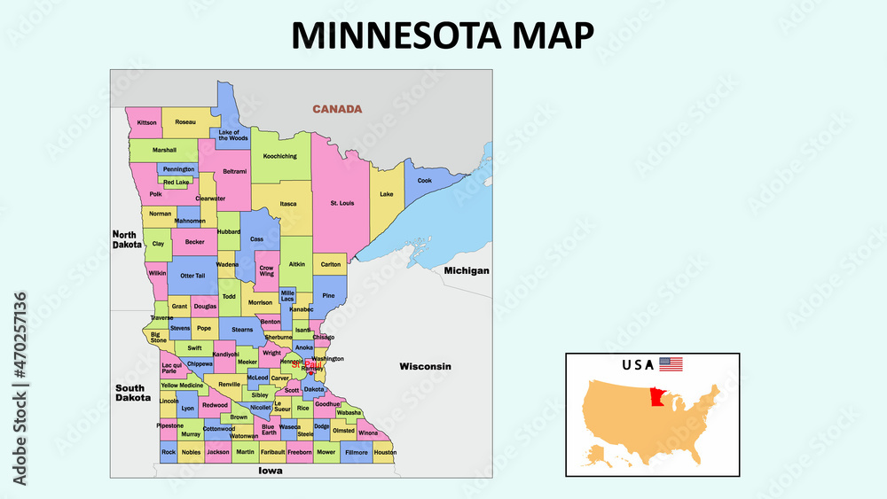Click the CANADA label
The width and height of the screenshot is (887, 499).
pyautogui.click(x=337, y=109)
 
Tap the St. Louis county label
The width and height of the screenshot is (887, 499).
pyautogui.click(x=342, y=203)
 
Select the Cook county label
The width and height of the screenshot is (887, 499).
pyautogui.click(x=425, y=181)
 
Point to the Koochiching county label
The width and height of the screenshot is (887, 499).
pyautogui.click(x=280, y=156)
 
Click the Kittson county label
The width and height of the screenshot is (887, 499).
pyautogui.click(x=147, y=121)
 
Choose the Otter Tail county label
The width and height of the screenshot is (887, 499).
pyautogui.click(x=192, y=276)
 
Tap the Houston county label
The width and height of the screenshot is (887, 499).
pyautogui.click(x=385, y=452)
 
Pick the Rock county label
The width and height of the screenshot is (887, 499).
pyautogui.click(x=169, y=452)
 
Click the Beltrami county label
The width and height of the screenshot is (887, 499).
pyautogui.click(x=235, y=170)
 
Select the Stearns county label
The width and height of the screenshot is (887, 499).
pyautogui.click(x=242, y=330)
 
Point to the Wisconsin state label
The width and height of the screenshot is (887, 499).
pyautogui.click(x=425, y=366)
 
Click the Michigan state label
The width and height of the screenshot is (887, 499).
pyautogui.click(x=467, y=269)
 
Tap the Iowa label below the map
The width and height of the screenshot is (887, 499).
pyautogui.click(x=270, y=471)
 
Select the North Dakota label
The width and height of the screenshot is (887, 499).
pyautogui.click(x=127, y=239)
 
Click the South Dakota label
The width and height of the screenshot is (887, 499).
pyautogui.click(x=130, y=393)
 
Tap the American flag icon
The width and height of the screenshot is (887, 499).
pyautogui.click(x=671, y=364)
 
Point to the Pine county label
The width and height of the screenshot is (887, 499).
pyautogui.click(x=329, y=295)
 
